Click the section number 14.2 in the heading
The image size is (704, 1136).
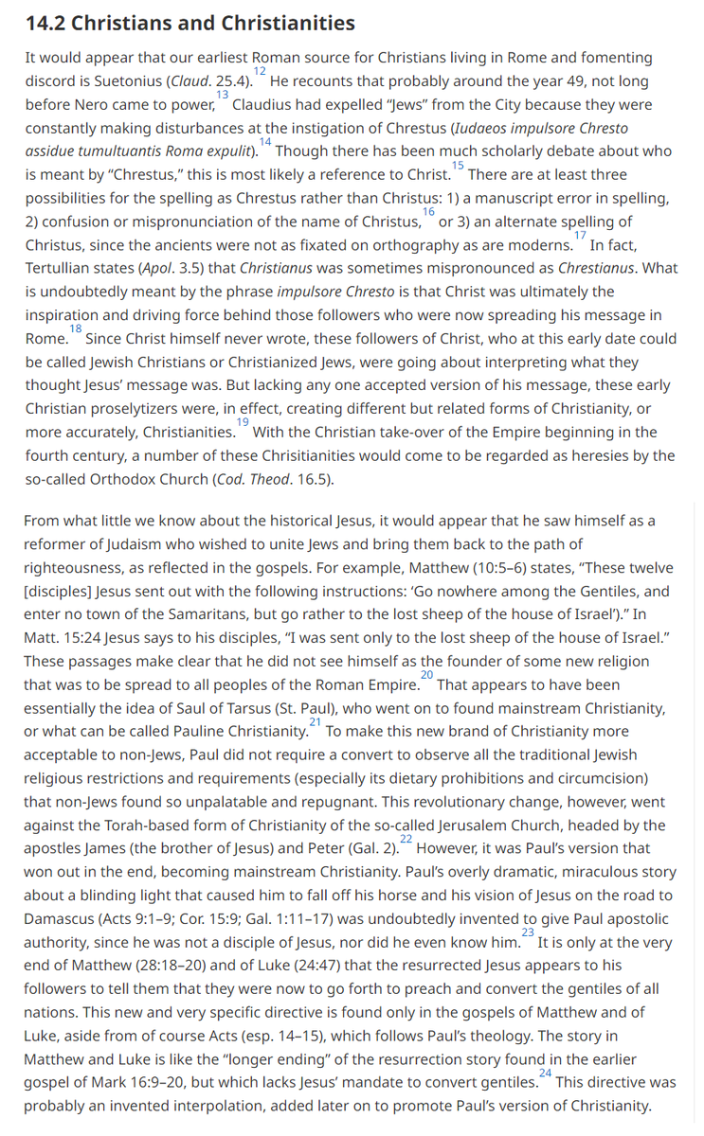[45, 23]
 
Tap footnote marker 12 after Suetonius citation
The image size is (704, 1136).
[260, 72]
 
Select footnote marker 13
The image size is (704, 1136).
[222, 95]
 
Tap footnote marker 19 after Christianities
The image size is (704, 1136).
[243, 422]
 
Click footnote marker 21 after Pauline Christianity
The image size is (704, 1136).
[315, 722]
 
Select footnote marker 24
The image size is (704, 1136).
[545, 1073]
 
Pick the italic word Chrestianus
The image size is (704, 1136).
[597, 268]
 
